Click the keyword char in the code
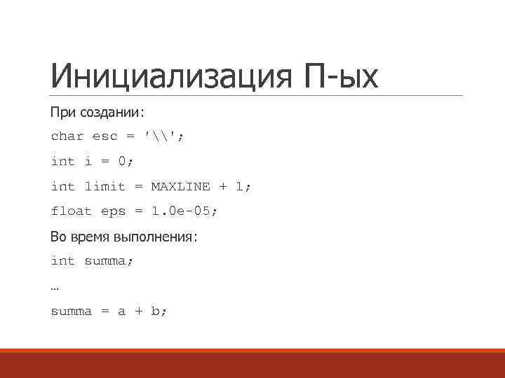[67, 136]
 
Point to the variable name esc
[105, 136]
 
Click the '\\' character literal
[161, 136]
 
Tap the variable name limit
[105, 186]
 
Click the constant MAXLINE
[180, 186]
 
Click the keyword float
[72, 211]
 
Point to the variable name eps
[113, 211]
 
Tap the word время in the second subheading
[90, 237]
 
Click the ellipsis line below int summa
[55, 287]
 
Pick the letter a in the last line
[121, 311]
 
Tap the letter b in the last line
[156, 311]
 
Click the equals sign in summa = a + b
[105, 311]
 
